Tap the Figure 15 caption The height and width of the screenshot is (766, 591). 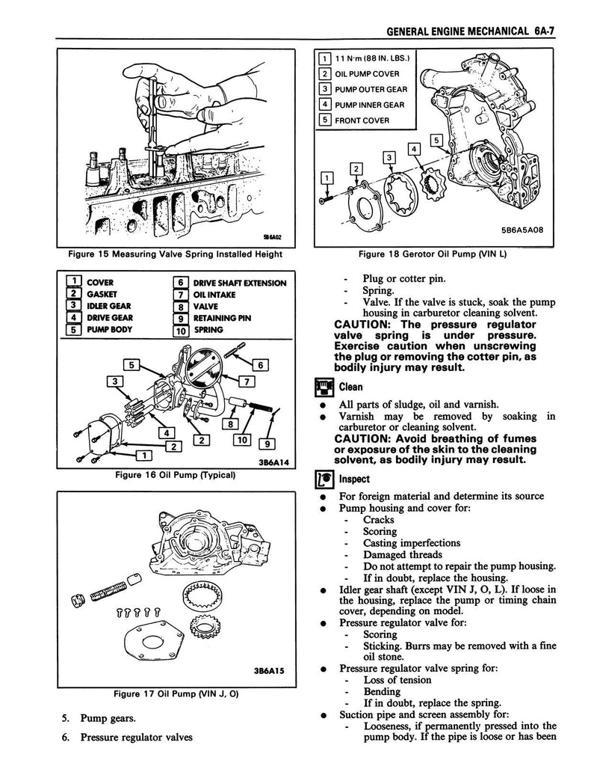pos(175,254)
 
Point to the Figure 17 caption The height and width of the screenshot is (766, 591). pos(174,693)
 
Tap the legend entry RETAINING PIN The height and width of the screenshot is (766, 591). pos(222,316)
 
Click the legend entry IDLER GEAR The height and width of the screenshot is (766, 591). pos(110,305)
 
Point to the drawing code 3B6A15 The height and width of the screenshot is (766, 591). pos(266,672)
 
